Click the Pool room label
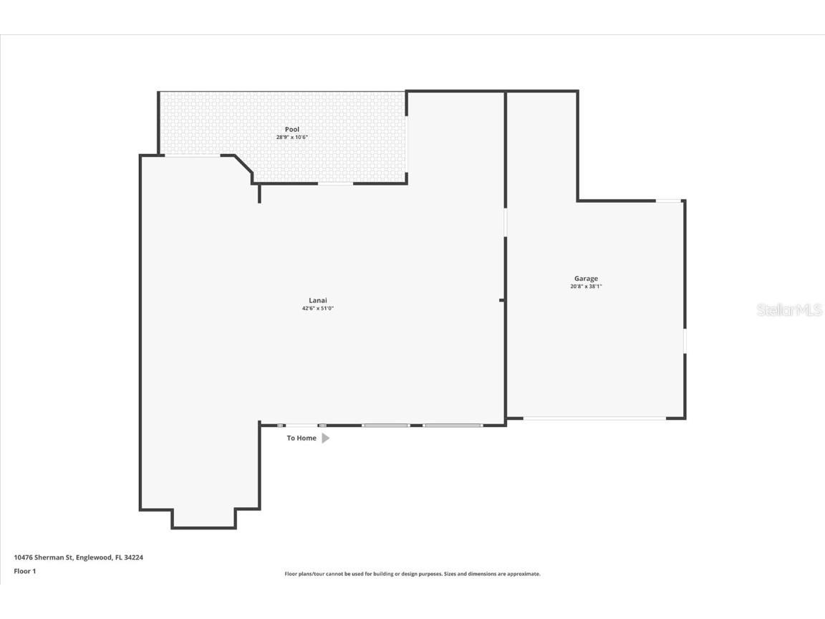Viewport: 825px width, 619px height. coord(292,130)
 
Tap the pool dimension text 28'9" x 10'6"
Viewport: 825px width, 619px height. coord(292,138)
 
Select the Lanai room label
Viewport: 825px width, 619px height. coord(318,300)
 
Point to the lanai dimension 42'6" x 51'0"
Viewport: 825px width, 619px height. coord(318,309)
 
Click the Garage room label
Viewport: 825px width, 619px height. coord(586,279)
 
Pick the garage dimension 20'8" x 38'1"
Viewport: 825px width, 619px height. coord(586,287)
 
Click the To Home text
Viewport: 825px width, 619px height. coord(301,438)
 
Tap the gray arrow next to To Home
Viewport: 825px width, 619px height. coord(326,438)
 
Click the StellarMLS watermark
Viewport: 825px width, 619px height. coord(789,310)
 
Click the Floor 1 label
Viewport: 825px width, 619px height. coord(24,571)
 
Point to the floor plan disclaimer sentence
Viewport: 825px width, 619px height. coord(412,574)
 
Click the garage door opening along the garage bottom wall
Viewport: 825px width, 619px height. coord(594,418)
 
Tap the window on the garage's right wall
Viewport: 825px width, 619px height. coord(685,340)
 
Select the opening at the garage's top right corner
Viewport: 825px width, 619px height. coord(669,201)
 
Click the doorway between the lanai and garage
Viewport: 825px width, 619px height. coord(505,222)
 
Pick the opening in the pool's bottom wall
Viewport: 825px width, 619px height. coord(335,183)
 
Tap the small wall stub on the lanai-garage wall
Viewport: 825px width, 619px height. coord(502,300)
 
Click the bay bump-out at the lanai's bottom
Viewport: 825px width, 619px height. coord(203,519)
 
